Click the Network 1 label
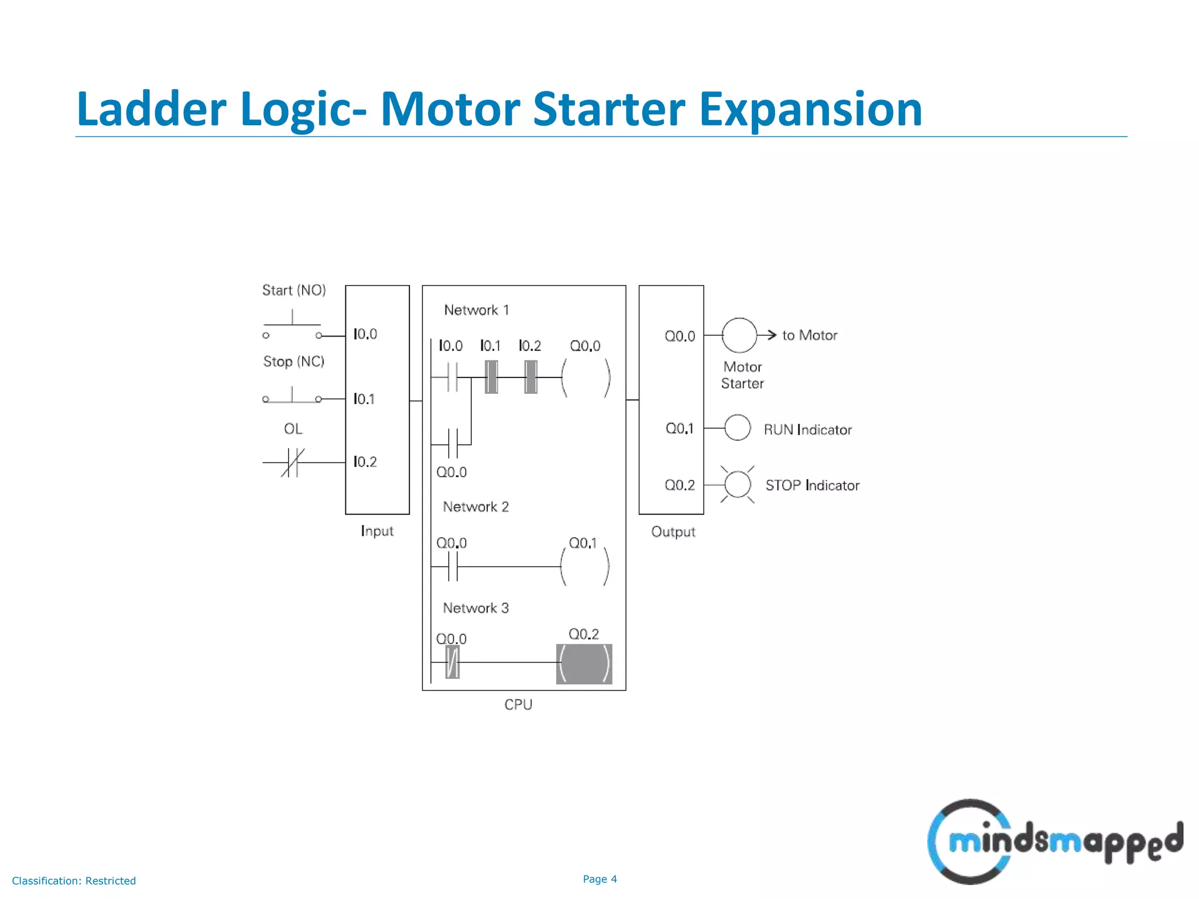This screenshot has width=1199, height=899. (476, 310)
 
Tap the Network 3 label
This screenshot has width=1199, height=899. (475, 608)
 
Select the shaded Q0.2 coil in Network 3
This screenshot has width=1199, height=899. (584, 664)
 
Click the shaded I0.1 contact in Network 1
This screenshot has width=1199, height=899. (491, 377)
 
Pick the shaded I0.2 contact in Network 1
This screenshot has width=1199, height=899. (530, 377)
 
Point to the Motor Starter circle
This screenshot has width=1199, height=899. (739, 335)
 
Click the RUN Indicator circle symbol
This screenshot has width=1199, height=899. (737, 428)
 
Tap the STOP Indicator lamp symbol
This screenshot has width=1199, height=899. (737, 485)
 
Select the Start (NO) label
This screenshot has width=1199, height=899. (294, 290)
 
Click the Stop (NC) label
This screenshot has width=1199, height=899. (293, 362)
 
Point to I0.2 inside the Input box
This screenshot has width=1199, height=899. (365, 462)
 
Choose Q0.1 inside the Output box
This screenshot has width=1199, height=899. (679, 429)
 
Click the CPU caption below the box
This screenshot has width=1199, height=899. (518, 705)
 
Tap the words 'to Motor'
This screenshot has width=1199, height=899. (809, 335)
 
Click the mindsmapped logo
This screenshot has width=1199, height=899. (1054, 842)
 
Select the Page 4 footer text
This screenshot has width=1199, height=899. (599, 879)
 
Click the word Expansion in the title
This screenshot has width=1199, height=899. (810, 109)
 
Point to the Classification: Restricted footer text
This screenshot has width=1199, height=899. (74, 881)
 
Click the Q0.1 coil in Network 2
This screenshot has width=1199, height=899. (585, 567)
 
